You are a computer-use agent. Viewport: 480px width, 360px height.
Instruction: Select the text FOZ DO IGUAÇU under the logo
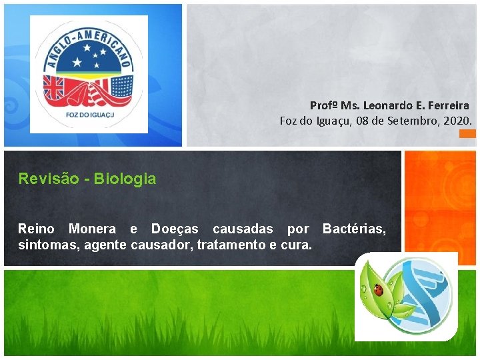click(x=88, y=118)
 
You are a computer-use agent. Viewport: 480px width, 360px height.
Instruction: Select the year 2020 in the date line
click(x=458, y=121)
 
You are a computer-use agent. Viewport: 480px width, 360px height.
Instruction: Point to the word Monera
click(x=91, y=229)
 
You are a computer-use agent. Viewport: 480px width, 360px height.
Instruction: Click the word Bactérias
click(x=354, y=229)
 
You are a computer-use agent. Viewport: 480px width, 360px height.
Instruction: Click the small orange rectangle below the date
click(x=468, y=133)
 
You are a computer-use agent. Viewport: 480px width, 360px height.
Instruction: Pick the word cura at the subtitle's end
click(x=297, y=244)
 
